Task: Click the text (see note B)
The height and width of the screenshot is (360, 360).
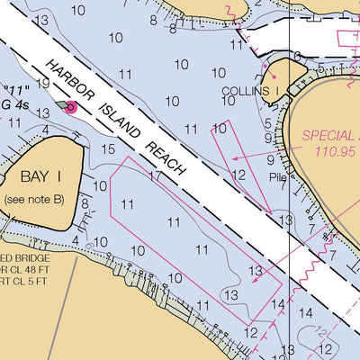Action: [x=34, y=198]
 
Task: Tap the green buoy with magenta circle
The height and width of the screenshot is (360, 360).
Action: [x=69, y=108]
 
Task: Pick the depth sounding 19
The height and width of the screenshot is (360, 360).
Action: [x=42, y=84]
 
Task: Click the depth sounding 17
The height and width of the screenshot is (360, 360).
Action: [x=154, y=176]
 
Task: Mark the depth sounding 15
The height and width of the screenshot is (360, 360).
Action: [x=109, y=148]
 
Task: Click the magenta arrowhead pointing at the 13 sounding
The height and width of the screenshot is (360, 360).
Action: [x=255, y=280]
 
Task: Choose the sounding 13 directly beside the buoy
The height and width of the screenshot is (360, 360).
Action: [x=42, y=114]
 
